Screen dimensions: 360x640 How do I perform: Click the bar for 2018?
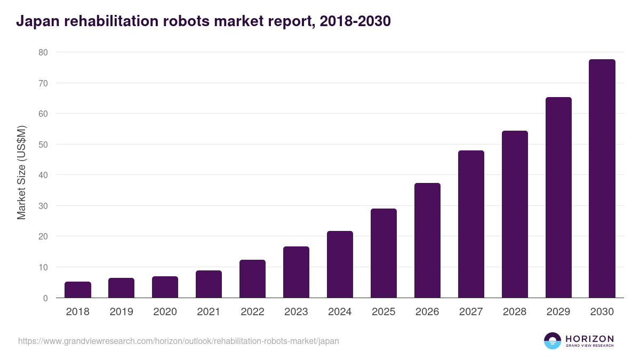(78, 290)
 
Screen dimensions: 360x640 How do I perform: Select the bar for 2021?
(209, 284)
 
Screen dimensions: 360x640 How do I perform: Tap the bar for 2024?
(340, 265)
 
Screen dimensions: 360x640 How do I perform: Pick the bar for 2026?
(427, 241)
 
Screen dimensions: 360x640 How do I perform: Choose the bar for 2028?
(515, 214)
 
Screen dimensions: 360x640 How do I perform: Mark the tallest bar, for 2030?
(602, 179)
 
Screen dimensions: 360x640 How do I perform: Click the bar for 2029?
(558, 197)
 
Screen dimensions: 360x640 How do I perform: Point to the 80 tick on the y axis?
(43, 52)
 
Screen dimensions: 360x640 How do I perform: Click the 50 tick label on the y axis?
(43, 145)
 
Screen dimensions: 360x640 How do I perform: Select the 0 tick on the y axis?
(45, 298)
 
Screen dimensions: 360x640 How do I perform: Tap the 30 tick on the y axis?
(43, 206)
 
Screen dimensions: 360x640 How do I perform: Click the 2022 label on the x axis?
(252, 312)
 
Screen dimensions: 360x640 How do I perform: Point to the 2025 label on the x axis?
(383, 312)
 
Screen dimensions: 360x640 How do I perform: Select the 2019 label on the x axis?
(121, 312)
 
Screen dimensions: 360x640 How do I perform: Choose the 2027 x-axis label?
(471, 312)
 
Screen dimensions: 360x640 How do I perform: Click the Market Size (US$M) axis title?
(21, 173)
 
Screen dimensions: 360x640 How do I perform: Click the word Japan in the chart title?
(35, 21)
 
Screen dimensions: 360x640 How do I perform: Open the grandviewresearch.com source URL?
(178, 341)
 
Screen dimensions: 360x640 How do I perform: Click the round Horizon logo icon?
(552, 341)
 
